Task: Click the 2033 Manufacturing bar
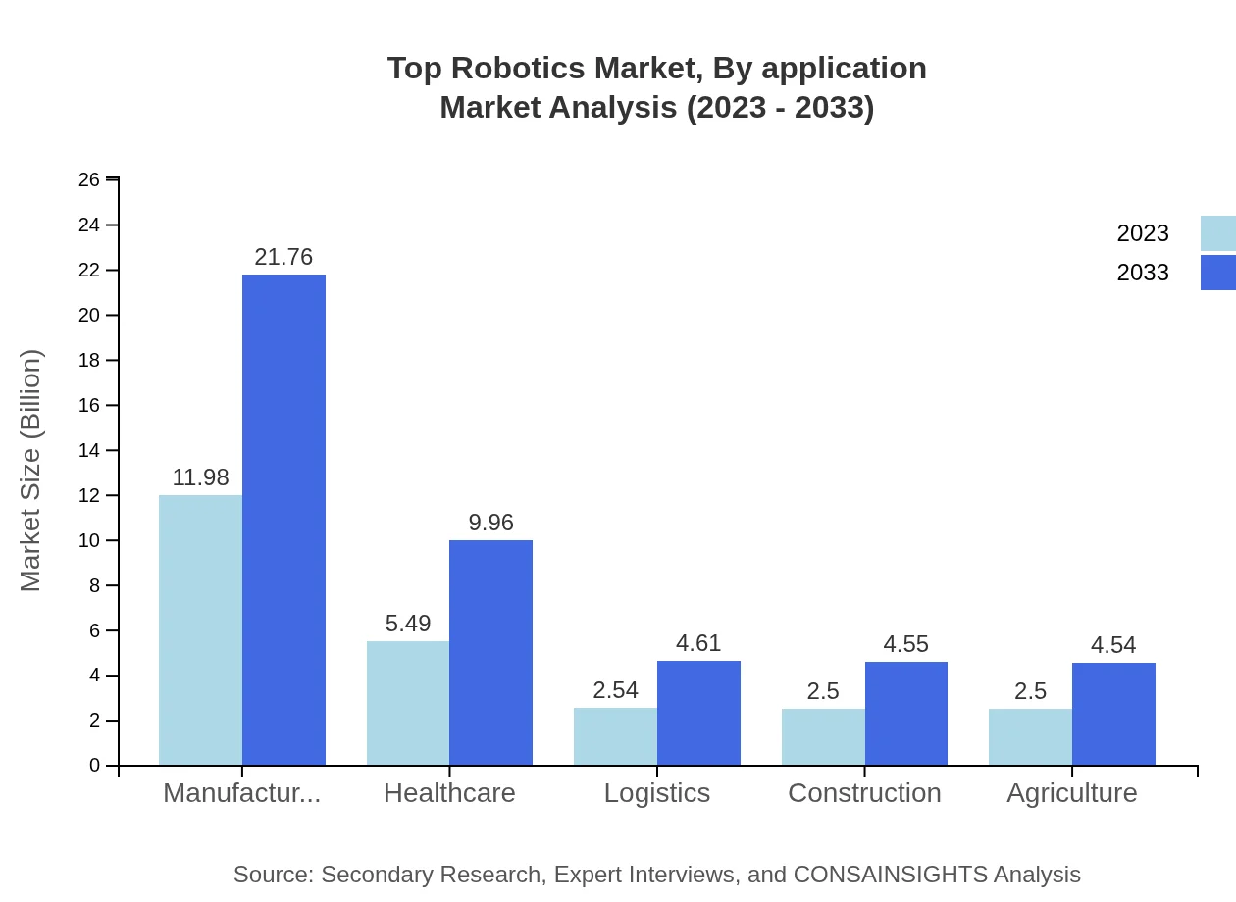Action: (283, 520)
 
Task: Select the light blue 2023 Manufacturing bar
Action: (200, 629)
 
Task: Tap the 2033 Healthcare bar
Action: (490, 652)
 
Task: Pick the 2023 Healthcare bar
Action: (408, 703)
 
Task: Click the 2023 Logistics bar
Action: (615, 736)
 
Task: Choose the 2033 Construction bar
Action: (906, 713)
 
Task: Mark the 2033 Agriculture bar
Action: (1113, 714)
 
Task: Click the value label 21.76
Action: (283, 257)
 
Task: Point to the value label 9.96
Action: (490, 523)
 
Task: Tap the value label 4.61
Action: (698, 643)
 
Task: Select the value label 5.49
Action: (408, 624)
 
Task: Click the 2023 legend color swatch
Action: (1217, 233)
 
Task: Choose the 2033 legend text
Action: (1143, 273)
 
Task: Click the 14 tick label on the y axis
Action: (89, 450)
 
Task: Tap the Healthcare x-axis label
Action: (449, 792)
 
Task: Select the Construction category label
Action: (864, 792)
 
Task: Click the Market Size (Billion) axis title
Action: (31, 471)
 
